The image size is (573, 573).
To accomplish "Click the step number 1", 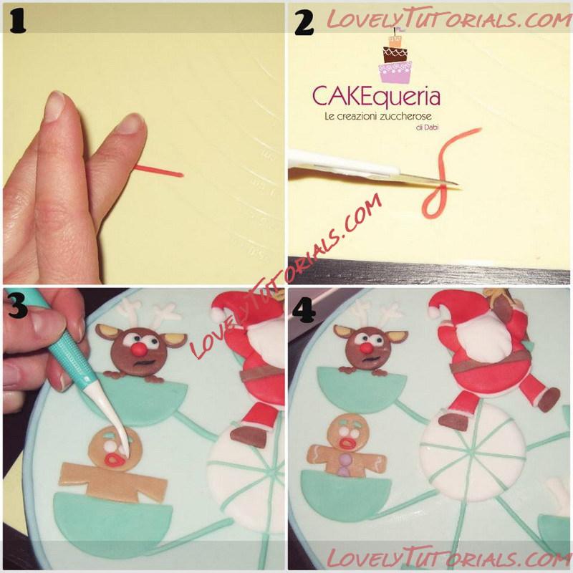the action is (17, 22).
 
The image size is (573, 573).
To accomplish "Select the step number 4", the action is (304, 311).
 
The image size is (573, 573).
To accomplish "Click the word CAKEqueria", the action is (376, 97).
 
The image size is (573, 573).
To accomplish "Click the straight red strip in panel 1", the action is (158, 171).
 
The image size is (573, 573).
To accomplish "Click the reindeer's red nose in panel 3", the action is (139, 350).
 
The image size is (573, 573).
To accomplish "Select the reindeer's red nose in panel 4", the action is (365, 348).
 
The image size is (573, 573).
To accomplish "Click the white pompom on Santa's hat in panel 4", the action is (435, 312).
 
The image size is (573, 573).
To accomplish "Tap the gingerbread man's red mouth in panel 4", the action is (347, 443).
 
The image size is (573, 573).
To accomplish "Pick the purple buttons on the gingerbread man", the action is (343, 465).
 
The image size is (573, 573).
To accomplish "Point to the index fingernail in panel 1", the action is (55, 106).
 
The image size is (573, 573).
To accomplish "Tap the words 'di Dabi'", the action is (426, 127).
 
